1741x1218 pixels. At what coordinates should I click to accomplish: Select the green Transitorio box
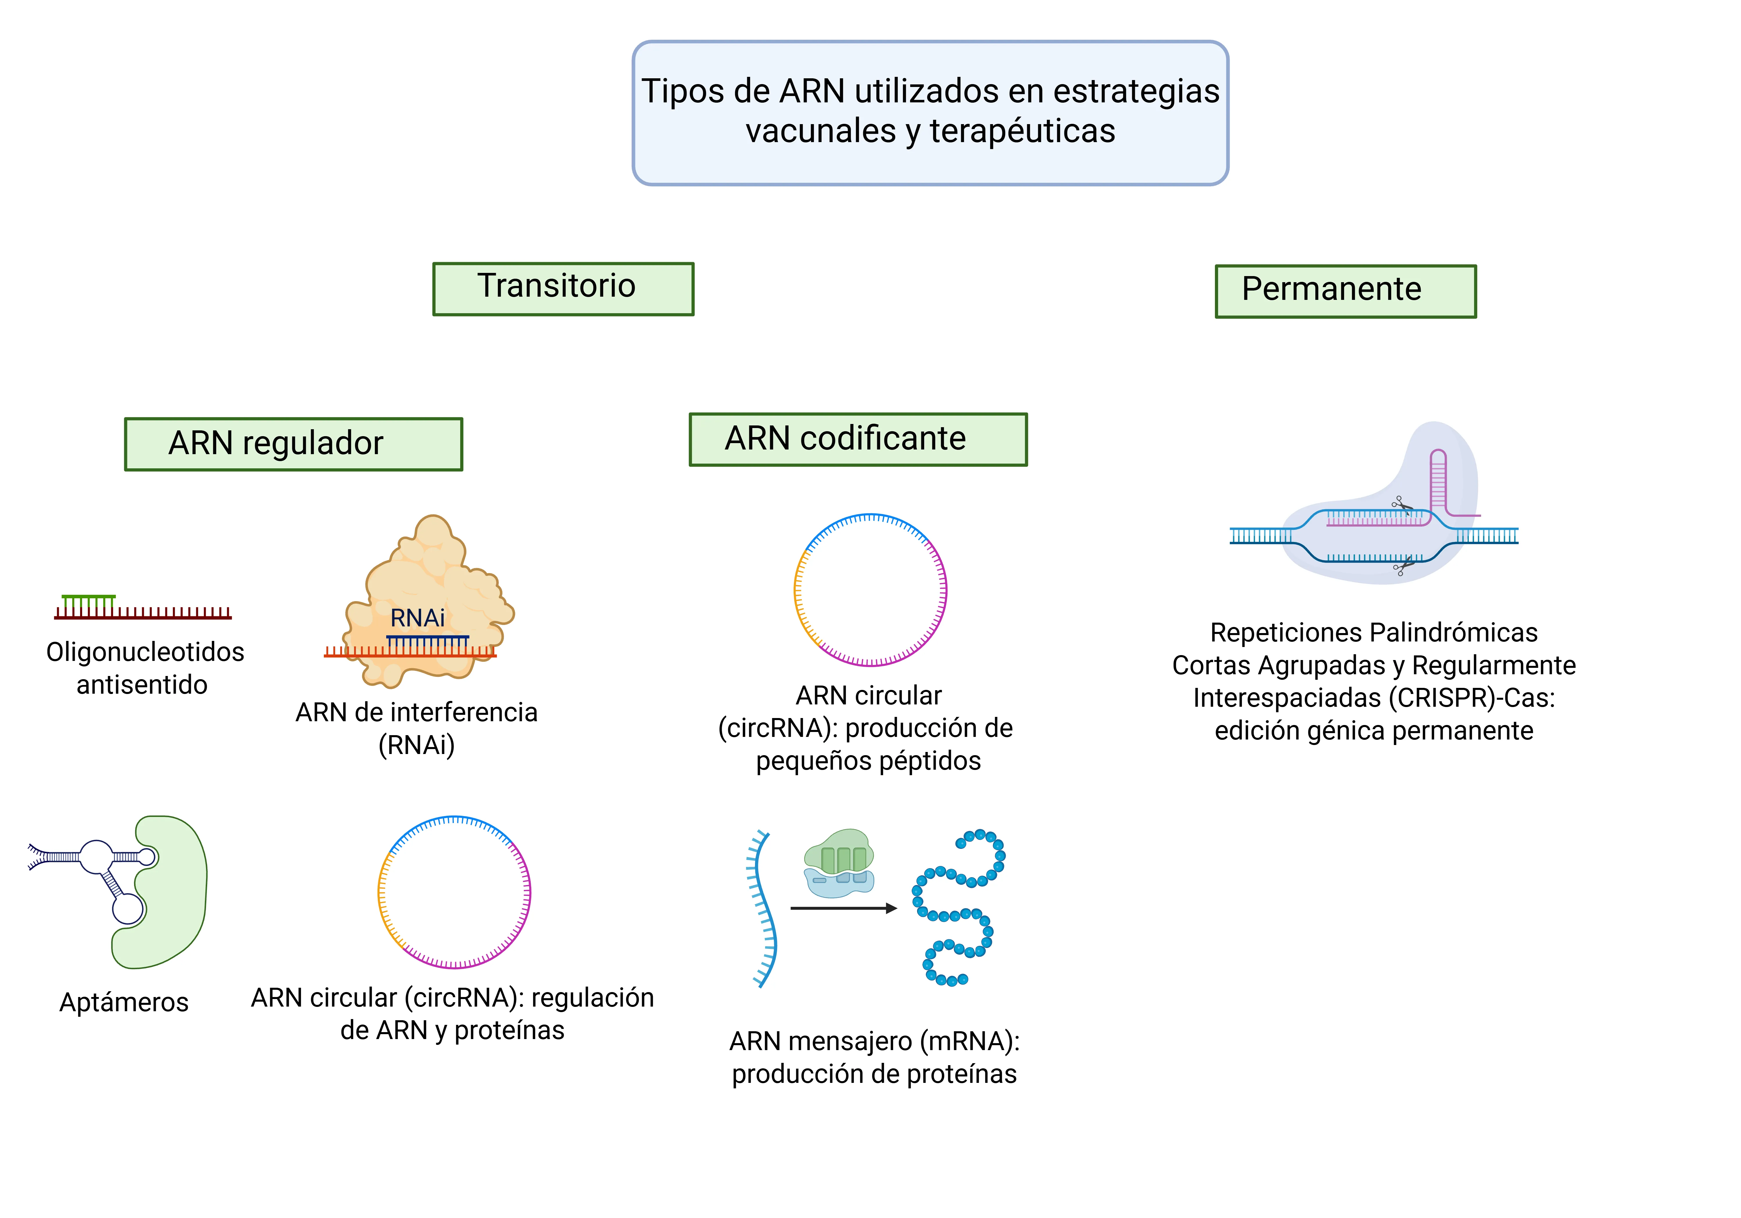(564, 289)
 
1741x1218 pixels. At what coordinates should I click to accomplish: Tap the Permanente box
(1346, 291)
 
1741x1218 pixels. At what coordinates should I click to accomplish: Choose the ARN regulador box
(293, 444)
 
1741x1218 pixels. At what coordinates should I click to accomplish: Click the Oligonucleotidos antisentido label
(145, 668)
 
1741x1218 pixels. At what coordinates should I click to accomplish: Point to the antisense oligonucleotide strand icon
(142, 607)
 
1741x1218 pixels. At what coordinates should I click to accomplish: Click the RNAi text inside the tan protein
(417, 618)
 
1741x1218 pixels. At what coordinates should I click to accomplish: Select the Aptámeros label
(124, 1002)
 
